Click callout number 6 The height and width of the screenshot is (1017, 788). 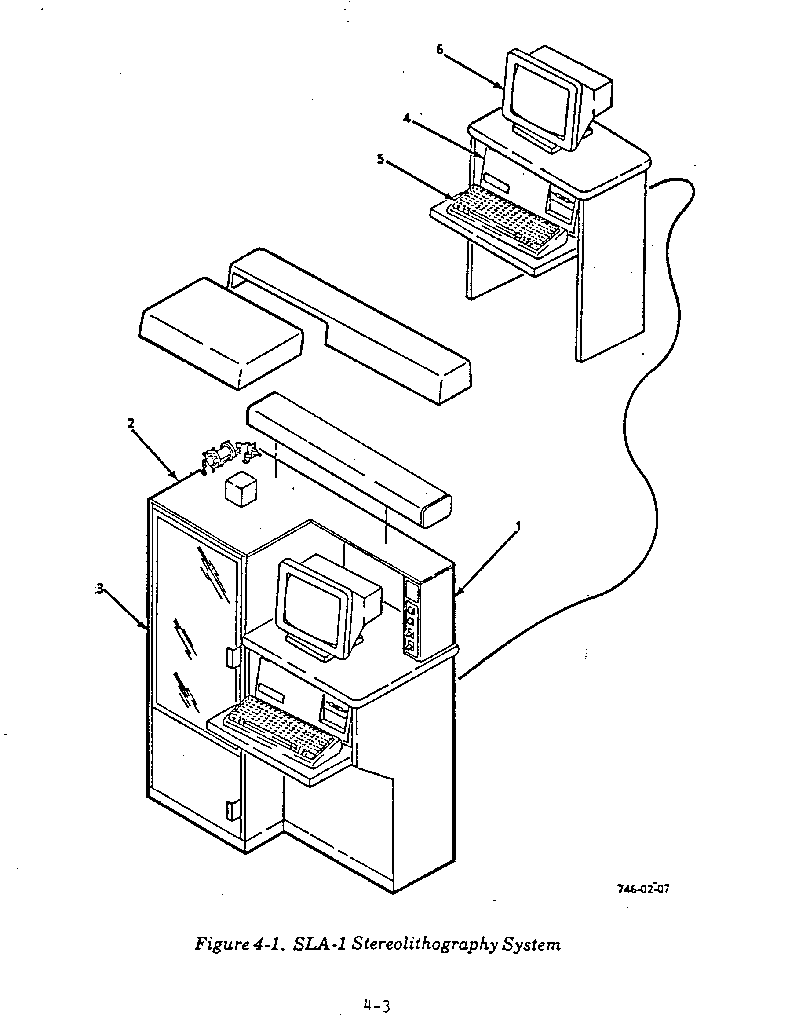coord(440,49)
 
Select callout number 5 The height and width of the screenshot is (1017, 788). coord(381,159)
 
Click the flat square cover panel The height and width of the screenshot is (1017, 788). coord(222,333)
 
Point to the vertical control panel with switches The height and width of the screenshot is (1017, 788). coord(411,620)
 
